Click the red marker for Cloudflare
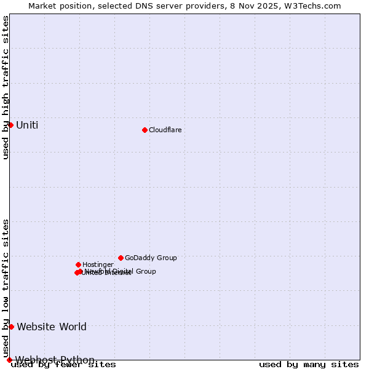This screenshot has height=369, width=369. tap(145, 130)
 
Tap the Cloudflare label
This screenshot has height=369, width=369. tap(165, 130)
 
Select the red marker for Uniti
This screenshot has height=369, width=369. tap(10, 125)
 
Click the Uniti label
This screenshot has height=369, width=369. tap(27, 125)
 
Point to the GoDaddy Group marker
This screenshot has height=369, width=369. tap(121, 258)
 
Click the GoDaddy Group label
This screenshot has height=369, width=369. tap(151, 258)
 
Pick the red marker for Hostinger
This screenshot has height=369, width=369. tap(78, 264)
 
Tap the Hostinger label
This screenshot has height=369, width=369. tap(98, 264)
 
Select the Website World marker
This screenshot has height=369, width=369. tap(11, 327)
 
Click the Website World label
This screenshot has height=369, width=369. tap(52, 327)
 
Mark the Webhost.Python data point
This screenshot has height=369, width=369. tap(9, 360)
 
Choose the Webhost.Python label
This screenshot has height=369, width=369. tap(55, 360)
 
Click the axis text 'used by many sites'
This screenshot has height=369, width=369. tap(309, 365)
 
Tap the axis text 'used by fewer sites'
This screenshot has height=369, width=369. tap(64, 365)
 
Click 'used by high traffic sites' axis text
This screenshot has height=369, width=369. tap(6, 87)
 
